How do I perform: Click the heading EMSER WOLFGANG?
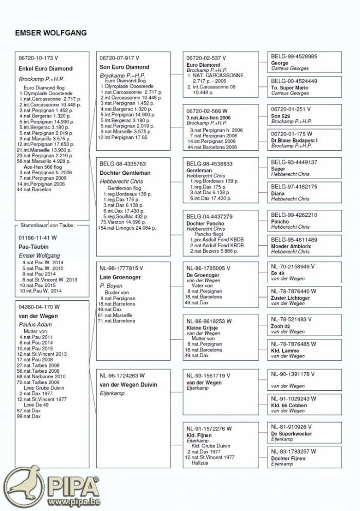[x=51, y=33]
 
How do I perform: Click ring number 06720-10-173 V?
[x=39, y=58]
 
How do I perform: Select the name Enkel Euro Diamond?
[x=46, y=68]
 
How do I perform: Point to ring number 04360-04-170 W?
[x=39, y=307]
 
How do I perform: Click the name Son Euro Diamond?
[x=124, y=67]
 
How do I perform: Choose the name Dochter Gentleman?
[x=125, y=173]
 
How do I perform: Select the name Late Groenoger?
[x=120, y=278]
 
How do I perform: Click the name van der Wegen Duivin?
[x=128, y=385]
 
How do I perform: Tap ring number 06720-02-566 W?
[x=207, y=111]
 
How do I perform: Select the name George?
[x=280, y=63]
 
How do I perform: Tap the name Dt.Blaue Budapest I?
[x=294, y=140]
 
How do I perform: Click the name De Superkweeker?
[x=292, y=434]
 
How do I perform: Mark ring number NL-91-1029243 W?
[x=294, y=398]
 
